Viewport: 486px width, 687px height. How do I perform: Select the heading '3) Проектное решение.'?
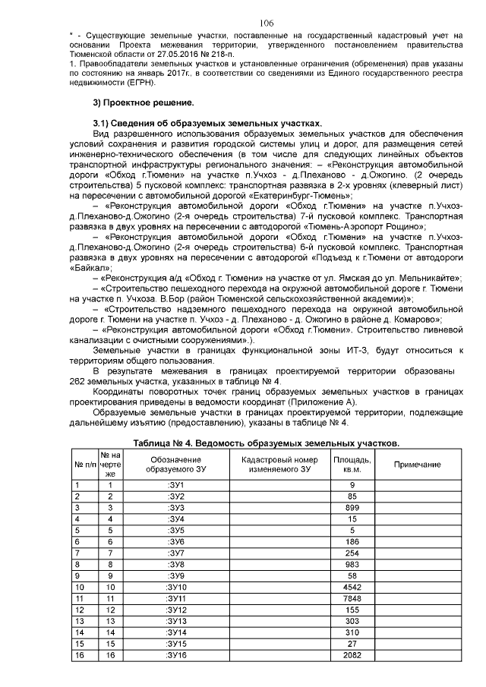click(140, 102)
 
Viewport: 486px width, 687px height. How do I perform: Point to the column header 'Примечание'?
click(417, 464)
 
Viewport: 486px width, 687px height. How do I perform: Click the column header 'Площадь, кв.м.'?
click(352, 464)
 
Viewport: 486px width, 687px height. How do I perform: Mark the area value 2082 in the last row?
click(352, 654)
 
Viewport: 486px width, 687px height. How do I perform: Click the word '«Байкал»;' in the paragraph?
click(90, 268)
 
